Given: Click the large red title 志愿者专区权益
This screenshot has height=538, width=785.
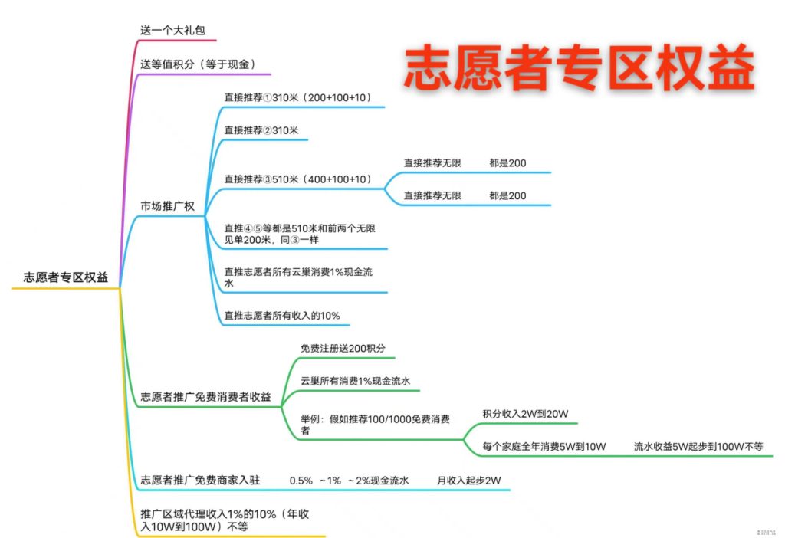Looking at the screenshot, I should click(x=579, y=67).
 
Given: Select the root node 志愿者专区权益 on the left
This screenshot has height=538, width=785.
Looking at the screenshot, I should click(x=65, y=277).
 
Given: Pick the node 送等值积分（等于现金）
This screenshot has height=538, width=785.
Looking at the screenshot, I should click(x=197, y=64).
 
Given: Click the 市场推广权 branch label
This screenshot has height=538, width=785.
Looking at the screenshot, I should click(x=167, y=206).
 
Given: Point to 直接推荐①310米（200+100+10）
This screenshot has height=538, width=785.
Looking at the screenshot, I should click(x=297, y=97).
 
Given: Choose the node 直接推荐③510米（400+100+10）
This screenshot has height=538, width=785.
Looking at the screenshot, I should click(x=297, y=179).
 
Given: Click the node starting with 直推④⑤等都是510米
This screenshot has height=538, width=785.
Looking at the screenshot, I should click(x=298, y=234).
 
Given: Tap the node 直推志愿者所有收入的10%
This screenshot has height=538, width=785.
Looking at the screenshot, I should click(x=281, y=315).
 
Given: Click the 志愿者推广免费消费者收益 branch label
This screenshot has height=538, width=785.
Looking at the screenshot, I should click(x=205, y=397).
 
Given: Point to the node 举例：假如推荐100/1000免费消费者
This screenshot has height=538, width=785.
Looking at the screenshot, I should click(x=375, y=425).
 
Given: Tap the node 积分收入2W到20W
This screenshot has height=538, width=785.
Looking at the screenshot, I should click(x=525, y=414).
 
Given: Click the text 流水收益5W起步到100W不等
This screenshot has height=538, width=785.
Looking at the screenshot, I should click(x=698, y=446).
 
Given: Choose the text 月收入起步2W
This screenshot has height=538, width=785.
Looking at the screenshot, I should click(x=468, y=481).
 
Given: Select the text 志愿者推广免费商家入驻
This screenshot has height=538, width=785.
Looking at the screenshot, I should click(x=200, y=481).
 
